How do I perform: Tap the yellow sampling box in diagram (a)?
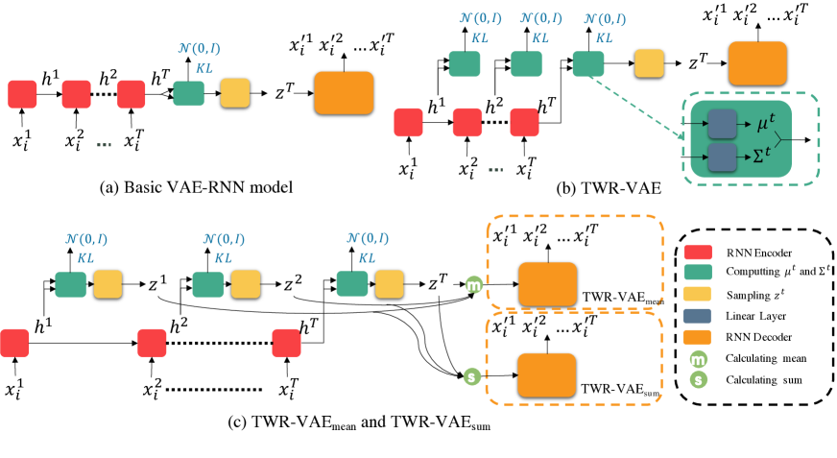pos(234,95)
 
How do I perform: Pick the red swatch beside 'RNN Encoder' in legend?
pos(701,253)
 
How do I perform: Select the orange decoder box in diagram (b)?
pos(752,66)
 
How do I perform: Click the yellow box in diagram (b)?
pos(648,64)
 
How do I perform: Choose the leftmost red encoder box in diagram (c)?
pos(15,343)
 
